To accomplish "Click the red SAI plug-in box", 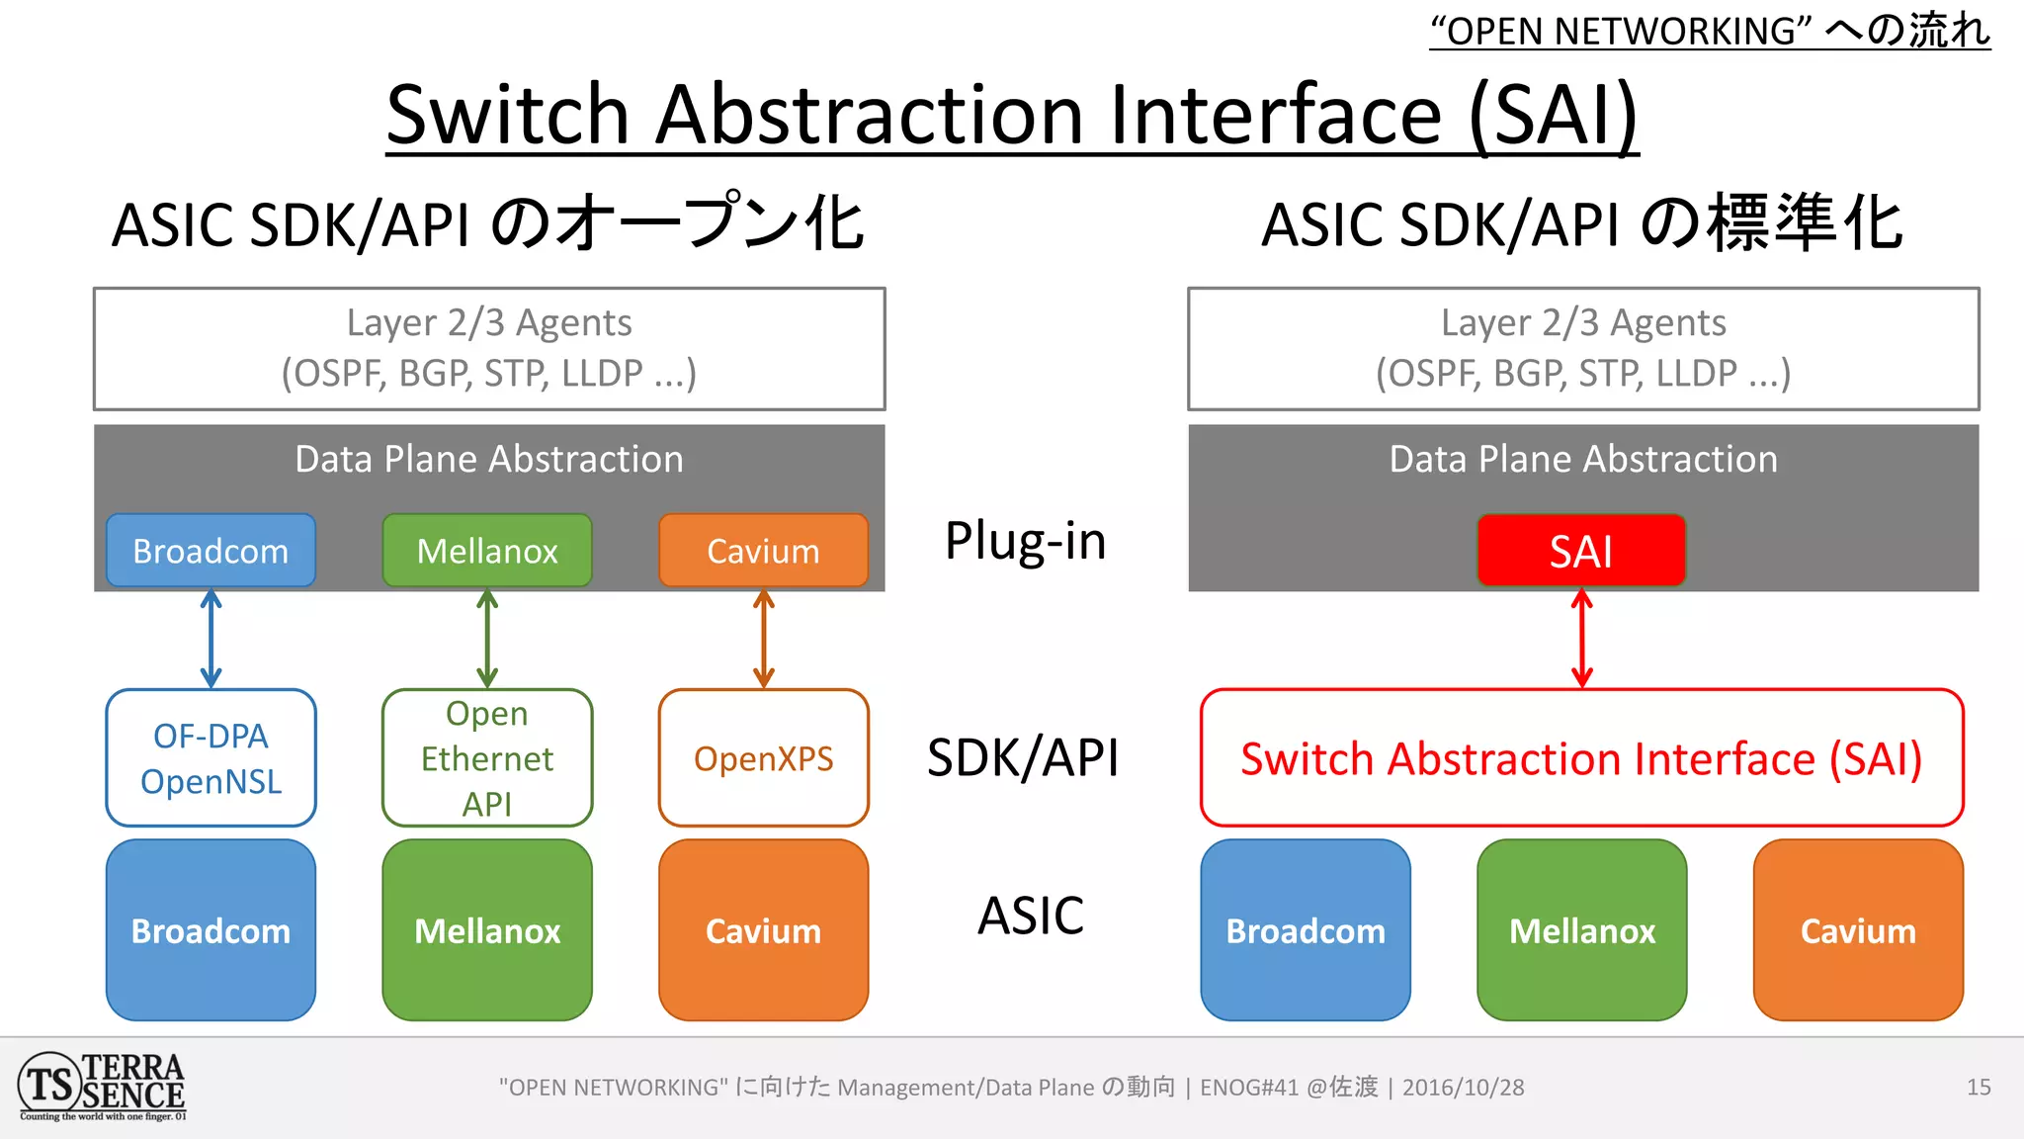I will point(1581,551).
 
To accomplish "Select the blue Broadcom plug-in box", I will point(211,551).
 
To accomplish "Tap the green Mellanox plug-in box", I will point(487,551).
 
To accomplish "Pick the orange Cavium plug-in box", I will point(763,551).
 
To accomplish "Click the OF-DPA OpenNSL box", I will point(211,758).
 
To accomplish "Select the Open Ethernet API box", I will point(487,758).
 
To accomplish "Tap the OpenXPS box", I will point(763,758).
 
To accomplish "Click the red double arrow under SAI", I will point(1581,639).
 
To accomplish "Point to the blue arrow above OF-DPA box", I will point(211,639).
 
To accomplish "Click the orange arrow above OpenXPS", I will point(763,639).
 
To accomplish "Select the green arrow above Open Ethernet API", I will point(487,639).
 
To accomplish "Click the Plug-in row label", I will point(1025,542).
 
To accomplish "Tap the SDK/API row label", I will point(1023,758).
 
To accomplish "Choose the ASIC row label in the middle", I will point(1031,916).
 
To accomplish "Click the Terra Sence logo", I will point(102,1087).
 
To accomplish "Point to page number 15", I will point(1979,1088).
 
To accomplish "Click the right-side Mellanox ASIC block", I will point(1581,930).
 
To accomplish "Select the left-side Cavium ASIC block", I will point(763,930).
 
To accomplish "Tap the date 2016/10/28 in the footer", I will point(1463,1088).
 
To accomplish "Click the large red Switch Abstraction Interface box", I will point(1581,758).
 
